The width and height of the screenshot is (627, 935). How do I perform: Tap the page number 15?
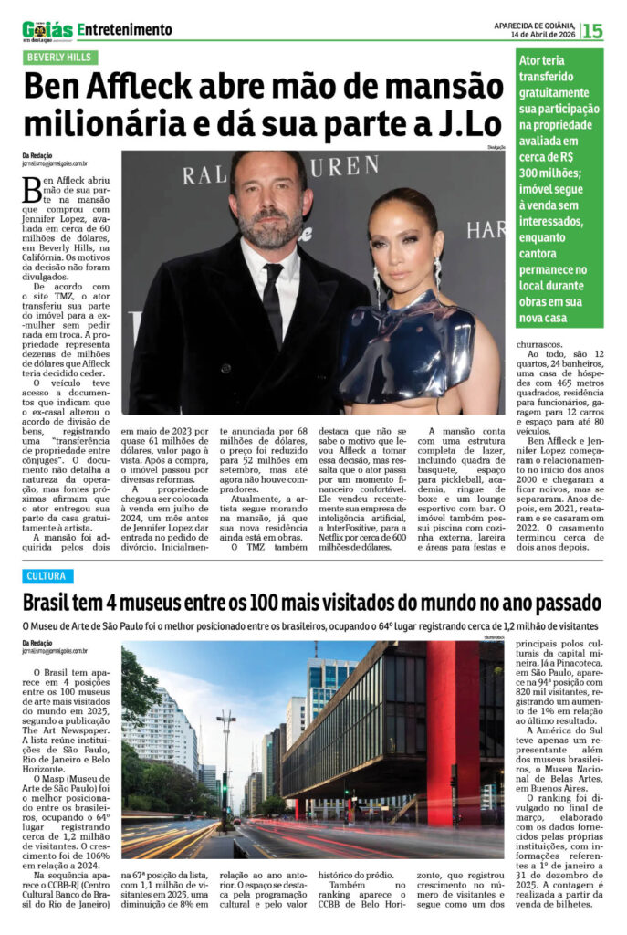pos(592,31)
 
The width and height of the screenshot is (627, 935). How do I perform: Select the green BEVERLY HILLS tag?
pos(61,57)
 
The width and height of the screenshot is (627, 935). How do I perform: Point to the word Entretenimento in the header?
pos(125,30)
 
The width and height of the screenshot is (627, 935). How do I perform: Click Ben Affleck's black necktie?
pos(272,301)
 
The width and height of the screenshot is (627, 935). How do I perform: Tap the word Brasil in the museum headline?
pos(57,604)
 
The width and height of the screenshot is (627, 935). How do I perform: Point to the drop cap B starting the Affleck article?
pos(32,189)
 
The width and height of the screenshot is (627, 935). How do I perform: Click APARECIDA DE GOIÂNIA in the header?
pos(535,25)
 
